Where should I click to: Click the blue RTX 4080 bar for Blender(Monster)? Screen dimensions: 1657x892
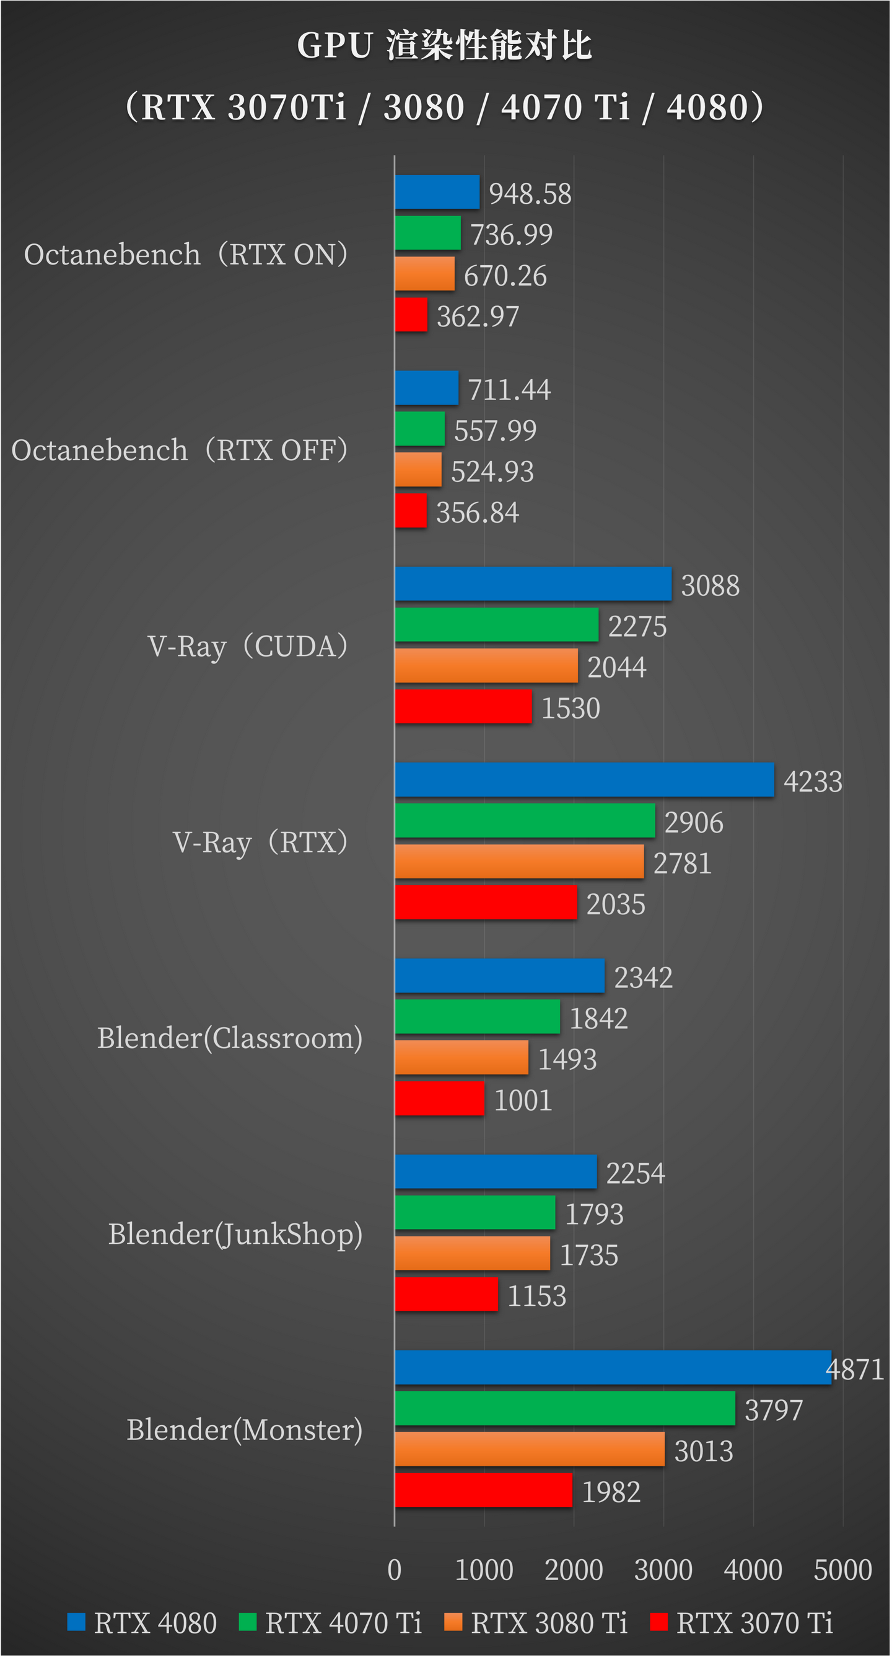[x=612, y=1367]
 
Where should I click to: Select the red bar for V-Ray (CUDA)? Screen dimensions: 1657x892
[x=463, y=706]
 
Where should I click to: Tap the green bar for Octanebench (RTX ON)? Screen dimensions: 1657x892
[x=427, y=232]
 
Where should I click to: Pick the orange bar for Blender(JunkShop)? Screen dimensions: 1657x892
[x=472, y=1253]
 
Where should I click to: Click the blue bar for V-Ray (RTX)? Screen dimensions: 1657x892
[x=584, y=780]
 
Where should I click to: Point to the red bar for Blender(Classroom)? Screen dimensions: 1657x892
[x=439, y=1098]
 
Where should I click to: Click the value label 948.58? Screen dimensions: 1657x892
[x=530, y=194]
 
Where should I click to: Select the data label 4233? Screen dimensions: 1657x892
[x=812, y=782]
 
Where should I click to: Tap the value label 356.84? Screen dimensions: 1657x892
[x=477, y=513]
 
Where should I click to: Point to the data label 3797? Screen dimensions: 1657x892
[x=774, y=1410]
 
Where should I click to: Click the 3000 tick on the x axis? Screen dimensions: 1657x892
[x=663, y=1570]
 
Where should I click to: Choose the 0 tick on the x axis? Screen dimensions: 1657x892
[x=394, y=1570]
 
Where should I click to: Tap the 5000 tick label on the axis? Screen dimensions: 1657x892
[x=842, y=1570]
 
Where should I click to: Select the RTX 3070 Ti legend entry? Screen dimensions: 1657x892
[x=742, y=1623]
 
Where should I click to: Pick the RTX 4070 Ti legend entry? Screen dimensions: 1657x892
[x=331, y=1623]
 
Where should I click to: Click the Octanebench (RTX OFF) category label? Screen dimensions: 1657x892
[x=180, y=450]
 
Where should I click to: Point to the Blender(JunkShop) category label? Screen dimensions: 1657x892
[x=235, y=1234]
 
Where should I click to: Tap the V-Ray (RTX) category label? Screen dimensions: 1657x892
[x=260, y=842]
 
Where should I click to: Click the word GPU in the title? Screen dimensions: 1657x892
[x=334, y=46]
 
